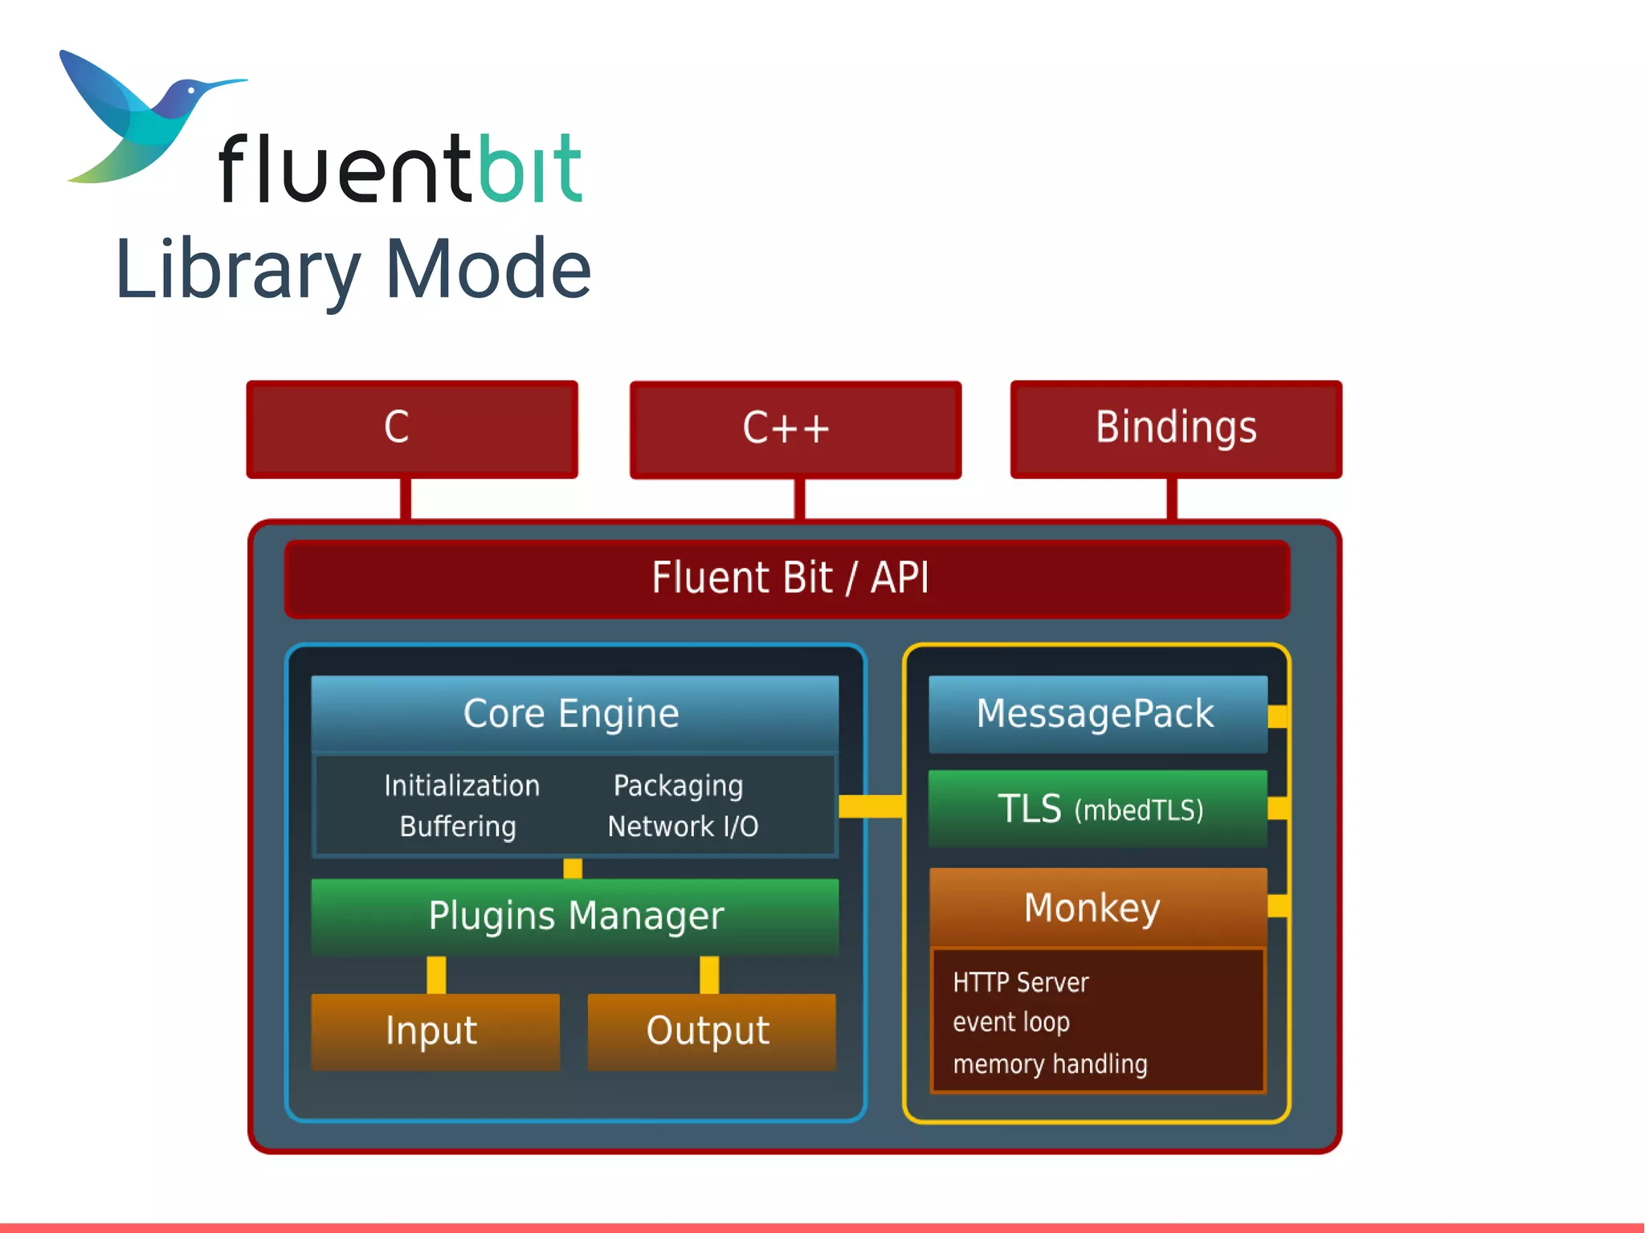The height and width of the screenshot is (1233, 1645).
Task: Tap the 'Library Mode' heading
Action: [353, 269]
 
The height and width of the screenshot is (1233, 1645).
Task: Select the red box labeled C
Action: [412, 429]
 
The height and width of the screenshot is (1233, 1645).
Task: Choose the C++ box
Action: [795, 429]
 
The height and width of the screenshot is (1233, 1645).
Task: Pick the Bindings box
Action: [1176, 429]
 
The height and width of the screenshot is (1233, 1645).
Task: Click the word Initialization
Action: [462, 786]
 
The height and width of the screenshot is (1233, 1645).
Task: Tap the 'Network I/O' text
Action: [683, 827]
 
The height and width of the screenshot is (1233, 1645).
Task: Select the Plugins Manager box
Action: [574, 916]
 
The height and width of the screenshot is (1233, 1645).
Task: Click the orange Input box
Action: [435, 1031]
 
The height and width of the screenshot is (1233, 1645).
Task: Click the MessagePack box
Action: [1096, 713]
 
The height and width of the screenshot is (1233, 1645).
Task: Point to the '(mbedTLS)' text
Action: [1139, 810]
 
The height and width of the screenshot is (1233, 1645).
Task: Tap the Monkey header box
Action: [1096, 908]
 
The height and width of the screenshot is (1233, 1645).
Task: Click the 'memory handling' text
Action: [1050, 1064]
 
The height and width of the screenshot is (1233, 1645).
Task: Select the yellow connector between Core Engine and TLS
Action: [871, 806]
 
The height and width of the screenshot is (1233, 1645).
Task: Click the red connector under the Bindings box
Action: [1172, 499]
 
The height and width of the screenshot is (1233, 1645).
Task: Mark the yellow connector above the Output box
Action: [709, 974]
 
